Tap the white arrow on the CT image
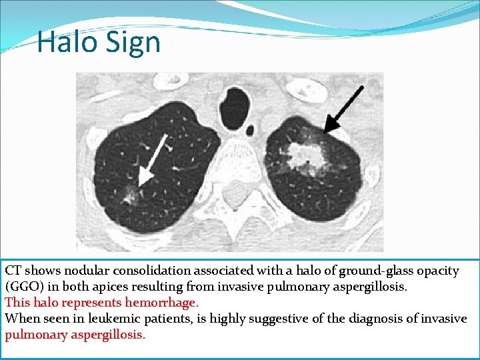(x=154, y=154)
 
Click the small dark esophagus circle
(x=250, y=129)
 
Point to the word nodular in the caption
(x=87, y=271)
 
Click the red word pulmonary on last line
(x=35, y=335)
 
